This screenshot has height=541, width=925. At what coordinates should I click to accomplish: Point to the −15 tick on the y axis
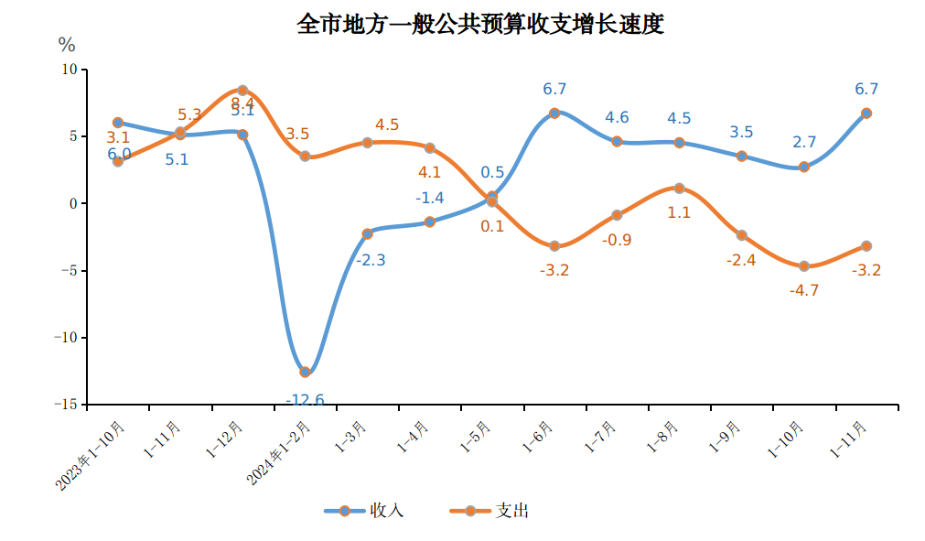[66, 405]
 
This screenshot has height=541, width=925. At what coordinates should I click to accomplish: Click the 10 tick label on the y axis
[70, 70]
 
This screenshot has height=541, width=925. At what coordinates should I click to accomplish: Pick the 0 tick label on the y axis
[74, 203]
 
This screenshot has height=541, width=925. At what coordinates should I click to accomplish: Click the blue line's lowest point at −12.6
[305, 372]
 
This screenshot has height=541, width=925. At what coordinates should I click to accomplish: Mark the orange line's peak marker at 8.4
[242, 91]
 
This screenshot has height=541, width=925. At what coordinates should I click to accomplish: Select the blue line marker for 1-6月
[554, 114]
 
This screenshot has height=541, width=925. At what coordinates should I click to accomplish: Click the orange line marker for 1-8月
[679, 189]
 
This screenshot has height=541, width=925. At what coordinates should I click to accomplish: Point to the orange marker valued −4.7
[804, 266]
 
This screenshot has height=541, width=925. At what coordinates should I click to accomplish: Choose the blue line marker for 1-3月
[367, 234]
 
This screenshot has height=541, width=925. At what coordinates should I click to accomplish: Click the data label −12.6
[305, 400]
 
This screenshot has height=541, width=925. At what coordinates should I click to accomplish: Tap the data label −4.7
[803, 291]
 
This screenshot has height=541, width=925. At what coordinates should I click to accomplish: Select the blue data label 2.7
[804, 143]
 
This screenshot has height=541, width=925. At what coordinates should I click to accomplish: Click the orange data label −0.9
[617, 241]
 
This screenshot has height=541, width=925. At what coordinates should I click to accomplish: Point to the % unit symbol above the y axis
[67, 44]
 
